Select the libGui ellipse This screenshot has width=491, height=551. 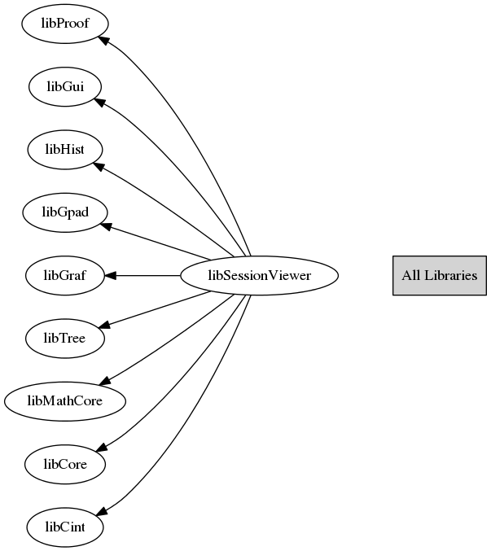point(65,85)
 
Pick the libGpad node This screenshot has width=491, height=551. point(65,212)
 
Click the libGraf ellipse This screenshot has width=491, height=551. point(65,276)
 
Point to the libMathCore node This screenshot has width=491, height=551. point(65,401)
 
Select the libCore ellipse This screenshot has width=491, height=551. point(65,465)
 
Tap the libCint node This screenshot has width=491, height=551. point(65,527)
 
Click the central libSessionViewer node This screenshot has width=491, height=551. point(259,276)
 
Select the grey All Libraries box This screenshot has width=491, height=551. point(439,275)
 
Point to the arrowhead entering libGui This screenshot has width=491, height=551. point(98,102)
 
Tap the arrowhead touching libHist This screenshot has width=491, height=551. point(99,166)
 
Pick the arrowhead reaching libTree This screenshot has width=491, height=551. point(104,325)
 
